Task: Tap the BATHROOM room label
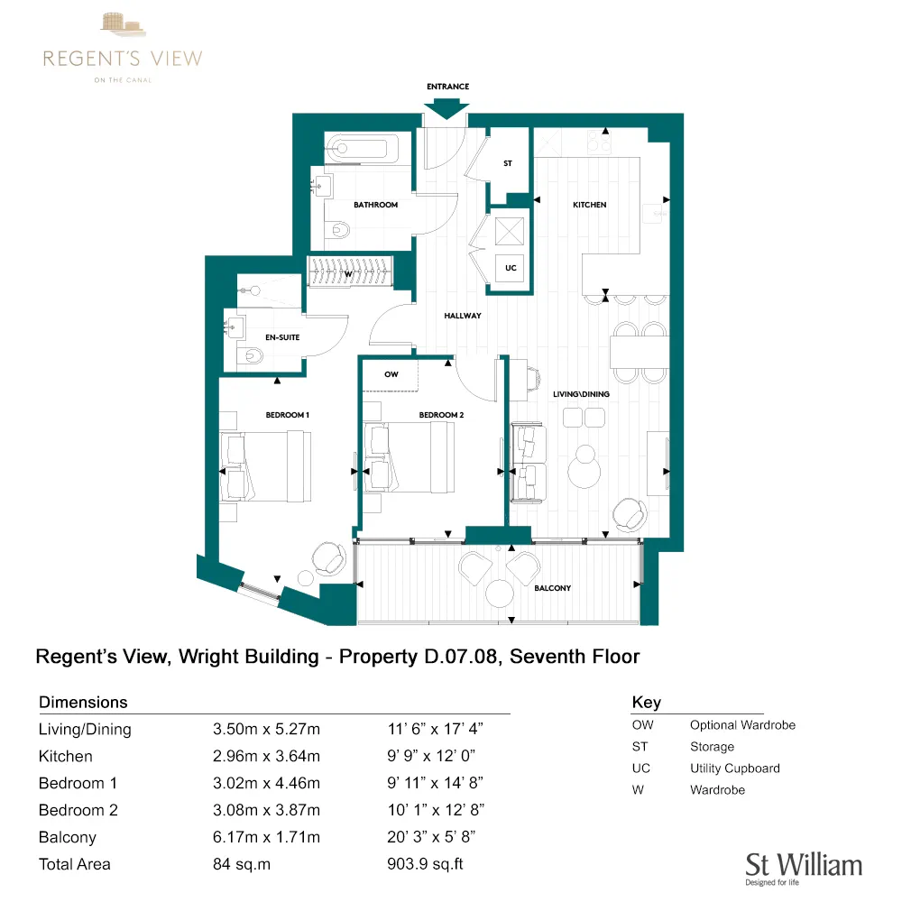click(x=375, y=205)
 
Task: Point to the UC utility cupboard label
click(x=511, y=268)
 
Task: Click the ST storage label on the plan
click(x=508, y=163)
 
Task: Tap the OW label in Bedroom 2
click(x=391, y=373)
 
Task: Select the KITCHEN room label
click(x=590, y=205)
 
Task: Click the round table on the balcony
click(x=499, y=594)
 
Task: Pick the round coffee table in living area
click(x=584, y=467)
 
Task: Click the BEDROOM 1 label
click(x=288, y=415)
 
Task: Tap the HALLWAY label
click(x=462, y=316)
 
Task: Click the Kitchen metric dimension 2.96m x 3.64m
click(x=265, y=756)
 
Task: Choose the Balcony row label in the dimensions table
click(x=67, y=837)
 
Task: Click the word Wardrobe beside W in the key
click(x=717, y=790)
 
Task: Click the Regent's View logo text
click(x=123, y=59)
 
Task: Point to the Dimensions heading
click(x=83, y=702)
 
